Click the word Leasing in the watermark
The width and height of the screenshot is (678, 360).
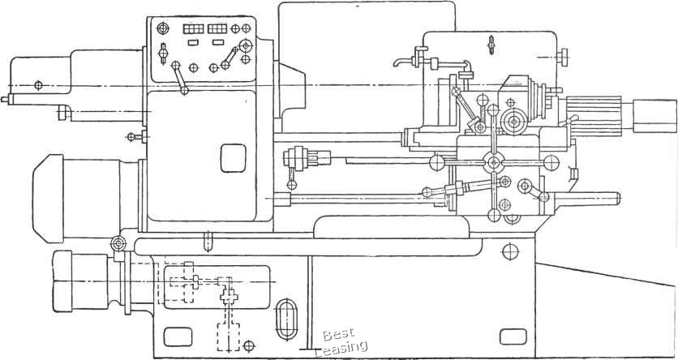[x=341, y=348]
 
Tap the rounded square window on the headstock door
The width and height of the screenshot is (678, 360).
[x=232, y=157]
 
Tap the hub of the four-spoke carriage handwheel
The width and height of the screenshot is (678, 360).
[x=493, y=162]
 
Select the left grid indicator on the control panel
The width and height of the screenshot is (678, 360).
[x=193, y=29]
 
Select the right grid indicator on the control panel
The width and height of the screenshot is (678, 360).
[x=217, y=29]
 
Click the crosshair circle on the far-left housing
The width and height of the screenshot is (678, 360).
[x=38, y=84]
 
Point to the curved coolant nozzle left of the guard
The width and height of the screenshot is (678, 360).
[x=400, y=63]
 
